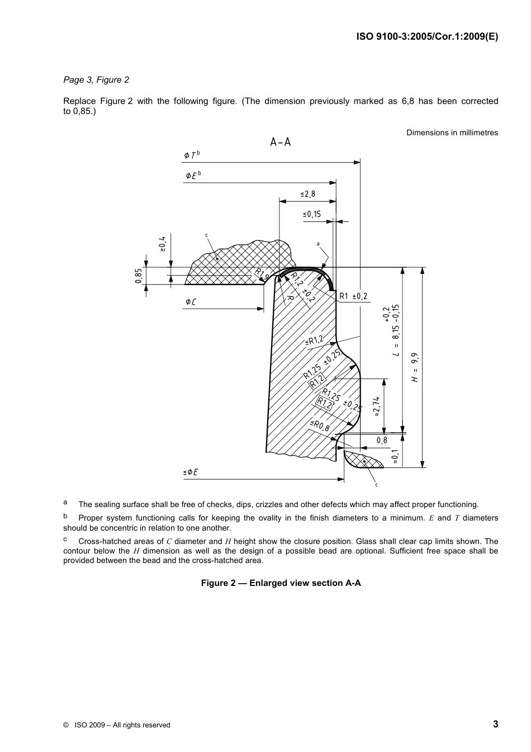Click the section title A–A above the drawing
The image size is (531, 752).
(x=281, y=142)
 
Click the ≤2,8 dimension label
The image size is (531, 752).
(x=308, y=194)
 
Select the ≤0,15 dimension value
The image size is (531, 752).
(x=312, y=214)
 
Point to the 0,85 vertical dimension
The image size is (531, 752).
(x=139, y=276)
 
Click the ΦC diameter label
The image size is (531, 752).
(x=191, y=302)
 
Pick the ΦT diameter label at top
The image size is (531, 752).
(x=191, y=155)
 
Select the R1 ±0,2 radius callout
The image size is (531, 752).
(x=353, y=296)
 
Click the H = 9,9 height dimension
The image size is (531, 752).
(x=415, y=367)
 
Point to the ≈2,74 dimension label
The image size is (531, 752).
(x=377, y=406)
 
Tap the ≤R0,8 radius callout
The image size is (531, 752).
(x=320, y=425)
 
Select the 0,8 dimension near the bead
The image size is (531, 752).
(x=382, y=441)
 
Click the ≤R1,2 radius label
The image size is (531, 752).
(x=315, y=340)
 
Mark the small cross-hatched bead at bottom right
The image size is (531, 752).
(x=362, y=460)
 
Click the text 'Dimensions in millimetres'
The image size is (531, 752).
(x=452, y=133)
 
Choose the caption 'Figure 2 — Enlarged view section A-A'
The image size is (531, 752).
(x=281, y=583)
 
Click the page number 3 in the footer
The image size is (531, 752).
(x=495, y=725)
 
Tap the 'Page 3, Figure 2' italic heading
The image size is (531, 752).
(x=96, y=80)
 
